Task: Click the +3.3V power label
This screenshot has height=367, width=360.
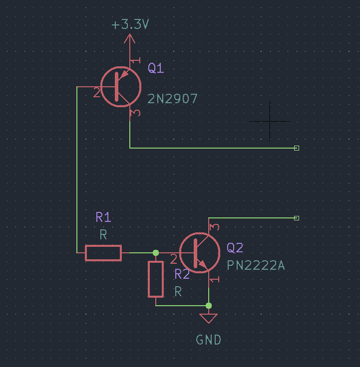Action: click(x=130, y=24)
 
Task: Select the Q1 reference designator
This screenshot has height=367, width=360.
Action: click(x=156, y=68)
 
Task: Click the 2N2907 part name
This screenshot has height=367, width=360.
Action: click(x=172, y=99)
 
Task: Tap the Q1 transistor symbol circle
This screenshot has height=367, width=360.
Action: click(x=121, y=86)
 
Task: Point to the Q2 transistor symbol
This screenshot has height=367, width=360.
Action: click(x=199, y=253)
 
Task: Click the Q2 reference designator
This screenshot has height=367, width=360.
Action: click(x=235, y=248)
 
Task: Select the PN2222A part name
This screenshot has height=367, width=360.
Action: click(x=256, y=265)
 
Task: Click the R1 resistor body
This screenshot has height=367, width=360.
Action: click(x=103, y=253)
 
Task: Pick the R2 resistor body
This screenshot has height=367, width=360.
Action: click(x=156, y=279)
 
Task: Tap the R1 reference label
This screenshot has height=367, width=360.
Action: click(x=103, y=217)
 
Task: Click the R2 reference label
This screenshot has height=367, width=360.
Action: click(x=182, y=274)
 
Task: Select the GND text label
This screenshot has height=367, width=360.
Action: click(x=208, y=340)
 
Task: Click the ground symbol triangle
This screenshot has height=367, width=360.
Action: click(x=208, y=318)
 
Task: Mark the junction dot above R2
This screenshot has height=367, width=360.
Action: click(x=156, y=253)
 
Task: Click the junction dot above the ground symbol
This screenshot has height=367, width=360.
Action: click(x=208, y=305)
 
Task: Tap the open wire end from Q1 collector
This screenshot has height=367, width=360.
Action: click(x=297, y=148)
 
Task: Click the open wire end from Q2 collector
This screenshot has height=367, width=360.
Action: click(x=297, y=218)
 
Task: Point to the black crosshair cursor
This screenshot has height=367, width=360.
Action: click(x=270, y=121)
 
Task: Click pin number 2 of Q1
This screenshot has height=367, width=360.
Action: click(x=96, y=92)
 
